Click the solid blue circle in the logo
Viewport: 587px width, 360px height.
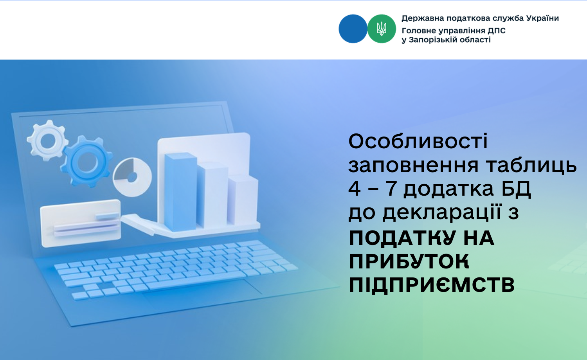353,29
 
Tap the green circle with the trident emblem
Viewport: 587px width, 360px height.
382,29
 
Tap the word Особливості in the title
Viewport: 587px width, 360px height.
418,141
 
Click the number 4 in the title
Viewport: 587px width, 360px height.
355,189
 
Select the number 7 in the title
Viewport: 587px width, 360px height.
391,189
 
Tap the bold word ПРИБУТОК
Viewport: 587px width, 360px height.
409,261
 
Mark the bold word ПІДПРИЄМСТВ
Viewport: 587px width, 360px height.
432,284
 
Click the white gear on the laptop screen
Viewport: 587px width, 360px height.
48,140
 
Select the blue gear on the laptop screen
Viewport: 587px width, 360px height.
86,162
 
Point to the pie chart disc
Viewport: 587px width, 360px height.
132,177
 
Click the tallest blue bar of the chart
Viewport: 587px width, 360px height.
180,192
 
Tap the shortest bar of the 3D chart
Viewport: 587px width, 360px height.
243,200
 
